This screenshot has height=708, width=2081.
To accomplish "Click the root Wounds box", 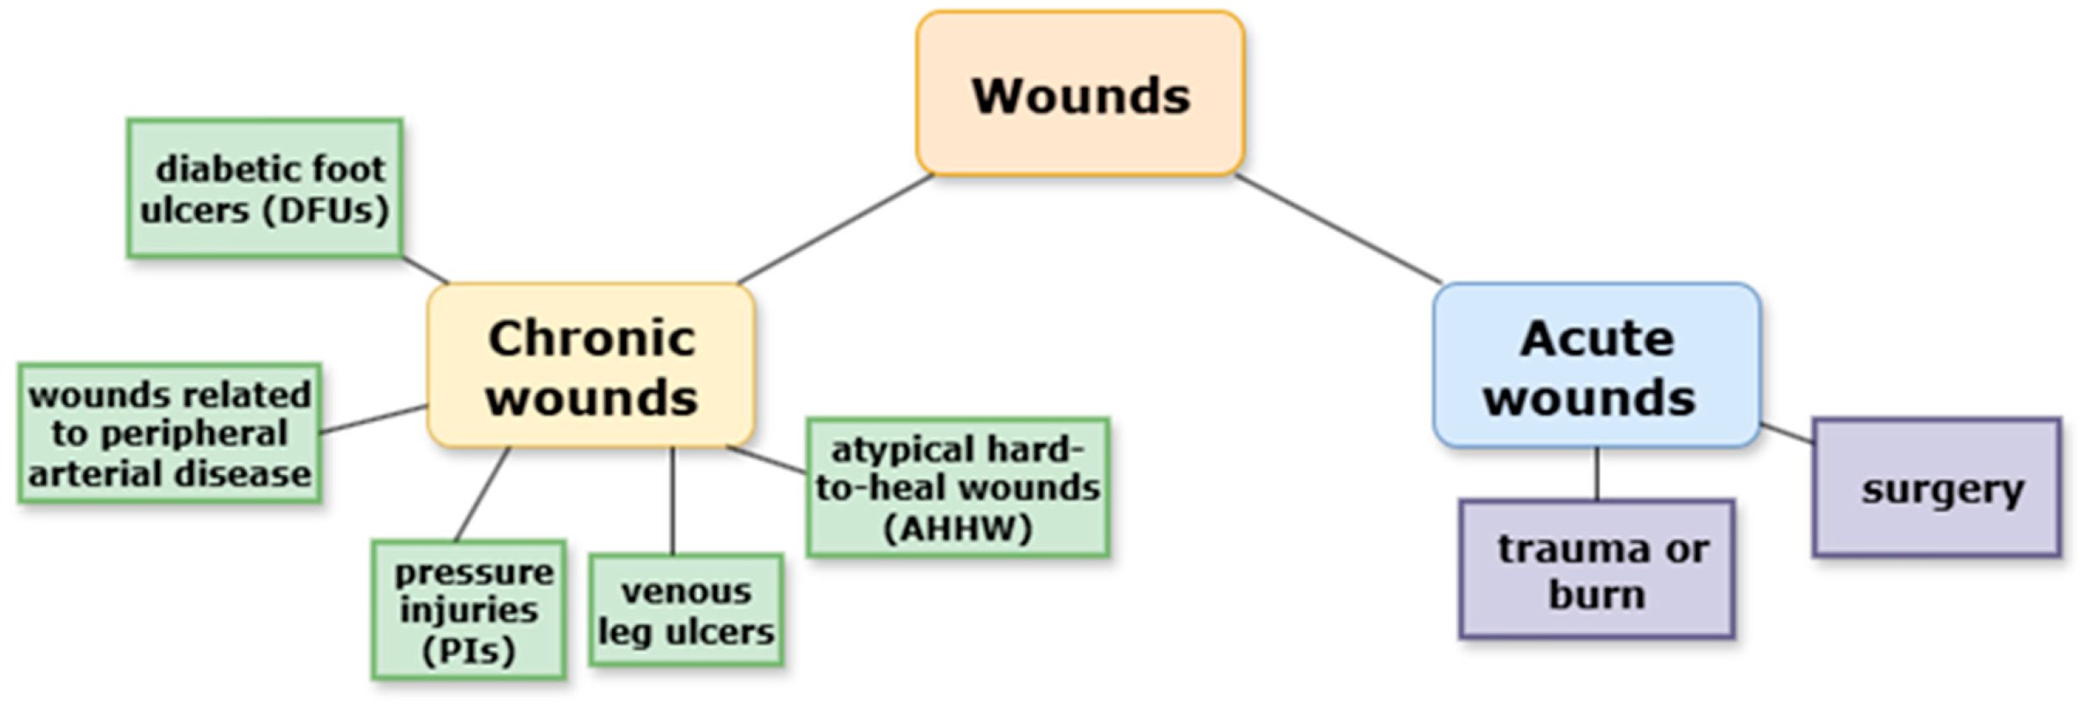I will [1079, 94].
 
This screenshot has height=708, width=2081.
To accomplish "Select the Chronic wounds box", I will [591, 366].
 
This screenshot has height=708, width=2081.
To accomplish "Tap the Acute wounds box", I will [1596, 366].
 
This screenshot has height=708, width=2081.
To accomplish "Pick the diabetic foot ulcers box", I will [265, 189].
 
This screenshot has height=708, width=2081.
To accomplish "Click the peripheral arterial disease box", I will [170, 434].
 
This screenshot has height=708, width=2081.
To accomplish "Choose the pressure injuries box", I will [469, 611].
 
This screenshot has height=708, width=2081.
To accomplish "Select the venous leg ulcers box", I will [686, 611].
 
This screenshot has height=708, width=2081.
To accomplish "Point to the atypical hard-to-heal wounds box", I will [958, 488].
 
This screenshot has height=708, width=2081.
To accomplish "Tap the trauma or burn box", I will [1596, 571].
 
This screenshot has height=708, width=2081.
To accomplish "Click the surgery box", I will [1936, 488].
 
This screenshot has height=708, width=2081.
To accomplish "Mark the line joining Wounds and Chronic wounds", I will [835, 230].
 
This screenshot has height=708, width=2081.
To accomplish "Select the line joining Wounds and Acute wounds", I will [1338, 230].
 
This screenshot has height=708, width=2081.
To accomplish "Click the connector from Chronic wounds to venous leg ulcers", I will [672, 501].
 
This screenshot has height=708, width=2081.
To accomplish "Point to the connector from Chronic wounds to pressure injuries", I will [482, 494].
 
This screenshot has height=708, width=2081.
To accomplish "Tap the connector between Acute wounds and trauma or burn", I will [1596, 474].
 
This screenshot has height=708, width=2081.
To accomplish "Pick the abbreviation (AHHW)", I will [958, 529].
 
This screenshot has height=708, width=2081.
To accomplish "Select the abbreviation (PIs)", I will [469, 651].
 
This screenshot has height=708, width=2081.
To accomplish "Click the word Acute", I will [1597, 338].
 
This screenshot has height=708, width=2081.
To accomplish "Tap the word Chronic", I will [591, 338].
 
